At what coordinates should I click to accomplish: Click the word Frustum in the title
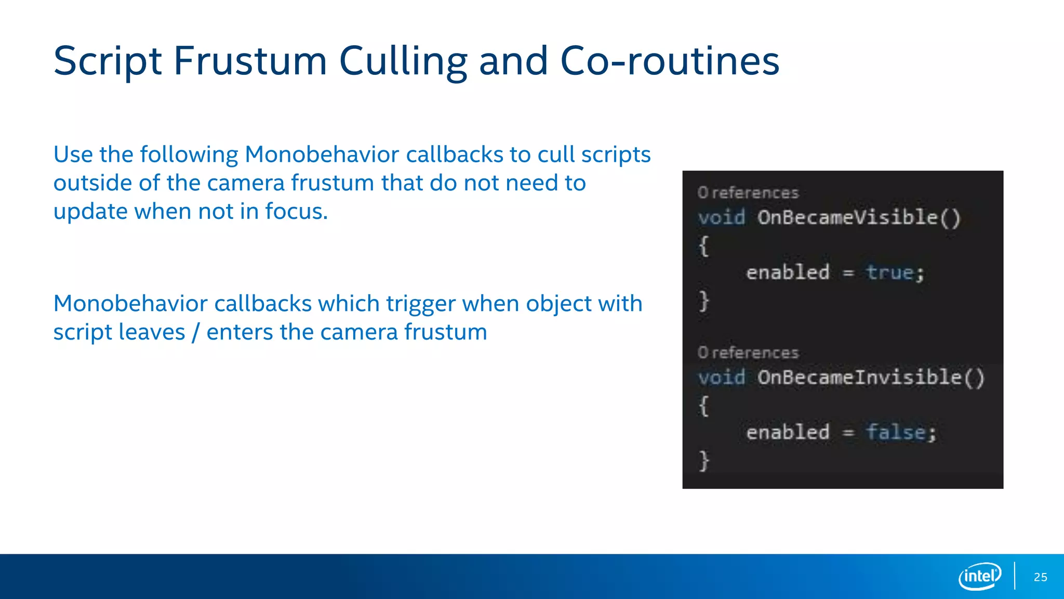point(250,61)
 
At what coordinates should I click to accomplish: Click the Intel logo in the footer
point(980,576)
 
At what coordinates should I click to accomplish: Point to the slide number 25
point(1040,577)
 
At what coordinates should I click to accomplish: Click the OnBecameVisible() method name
point(859,217)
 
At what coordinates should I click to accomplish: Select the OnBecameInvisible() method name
point(871,377)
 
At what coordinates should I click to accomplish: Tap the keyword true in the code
point(889,272)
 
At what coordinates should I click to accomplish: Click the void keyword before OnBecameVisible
point(721,217)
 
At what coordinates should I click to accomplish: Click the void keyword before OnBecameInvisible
point(721,377)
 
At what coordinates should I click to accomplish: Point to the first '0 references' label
point(748,193)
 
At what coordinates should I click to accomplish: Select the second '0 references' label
point(748,353)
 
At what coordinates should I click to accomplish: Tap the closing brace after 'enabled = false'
point(704,461)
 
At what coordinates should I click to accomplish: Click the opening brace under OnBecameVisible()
point(704,245)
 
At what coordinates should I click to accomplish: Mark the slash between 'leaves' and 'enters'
point(195,333)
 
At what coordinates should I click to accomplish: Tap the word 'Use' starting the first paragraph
point(73,154)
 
